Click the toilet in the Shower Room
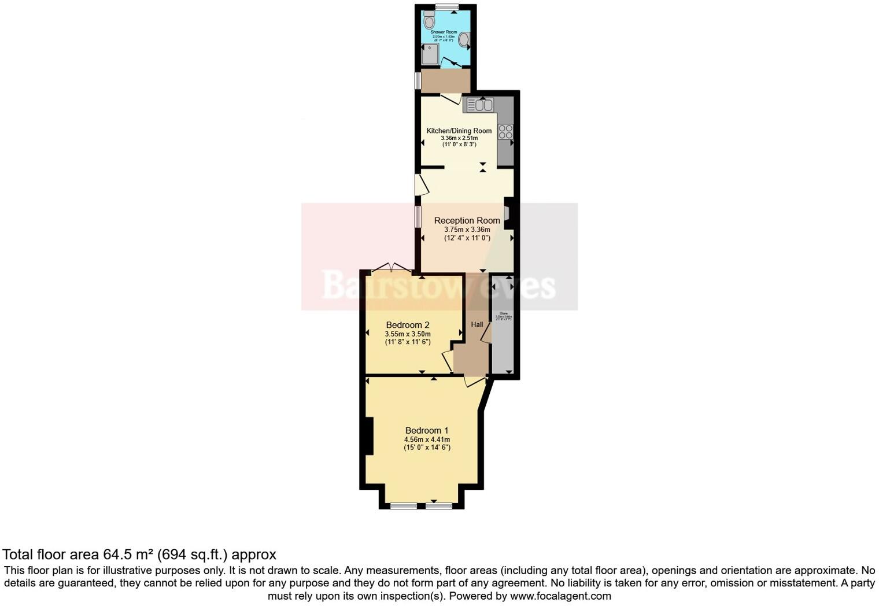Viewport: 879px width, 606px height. (429, 21)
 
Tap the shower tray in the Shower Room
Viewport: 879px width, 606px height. (430, 55)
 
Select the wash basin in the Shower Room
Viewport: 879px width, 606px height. (464, 40)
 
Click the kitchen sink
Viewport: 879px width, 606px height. (480, 105)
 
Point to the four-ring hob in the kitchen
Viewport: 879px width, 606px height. (505, 132)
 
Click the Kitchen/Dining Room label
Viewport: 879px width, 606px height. (459, 131)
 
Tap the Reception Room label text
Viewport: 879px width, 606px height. (467, 220)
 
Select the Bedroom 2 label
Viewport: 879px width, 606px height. (408, 325)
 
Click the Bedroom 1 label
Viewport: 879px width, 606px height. (427, 430)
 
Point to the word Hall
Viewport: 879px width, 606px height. (477, 324)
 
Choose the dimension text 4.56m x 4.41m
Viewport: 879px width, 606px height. (427, 439)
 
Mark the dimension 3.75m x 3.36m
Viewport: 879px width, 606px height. (467, 230)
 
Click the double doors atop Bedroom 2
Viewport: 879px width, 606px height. (392, 267)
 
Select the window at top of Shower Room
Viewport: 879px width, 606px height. (446, 7)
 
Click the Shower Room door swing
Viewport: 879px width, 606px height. (452, 63)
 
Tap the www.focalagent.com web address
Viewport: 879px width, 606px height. (560, 596)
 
